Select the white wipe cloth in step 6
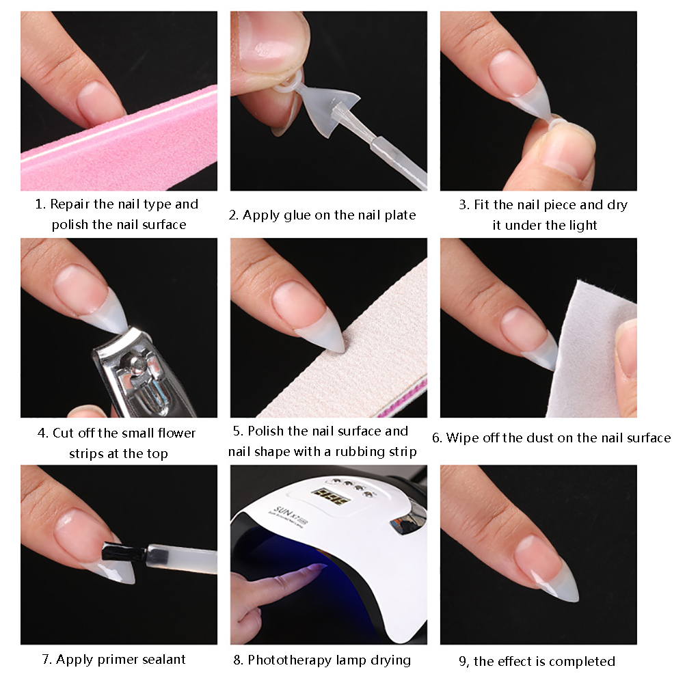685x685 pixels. coord(590,349)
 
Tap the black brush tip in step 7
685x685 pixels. coord(124,552)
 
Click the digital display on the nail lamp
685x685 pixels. coord(330,496)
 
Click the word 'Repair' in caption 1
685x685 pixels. coord(70,204)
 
